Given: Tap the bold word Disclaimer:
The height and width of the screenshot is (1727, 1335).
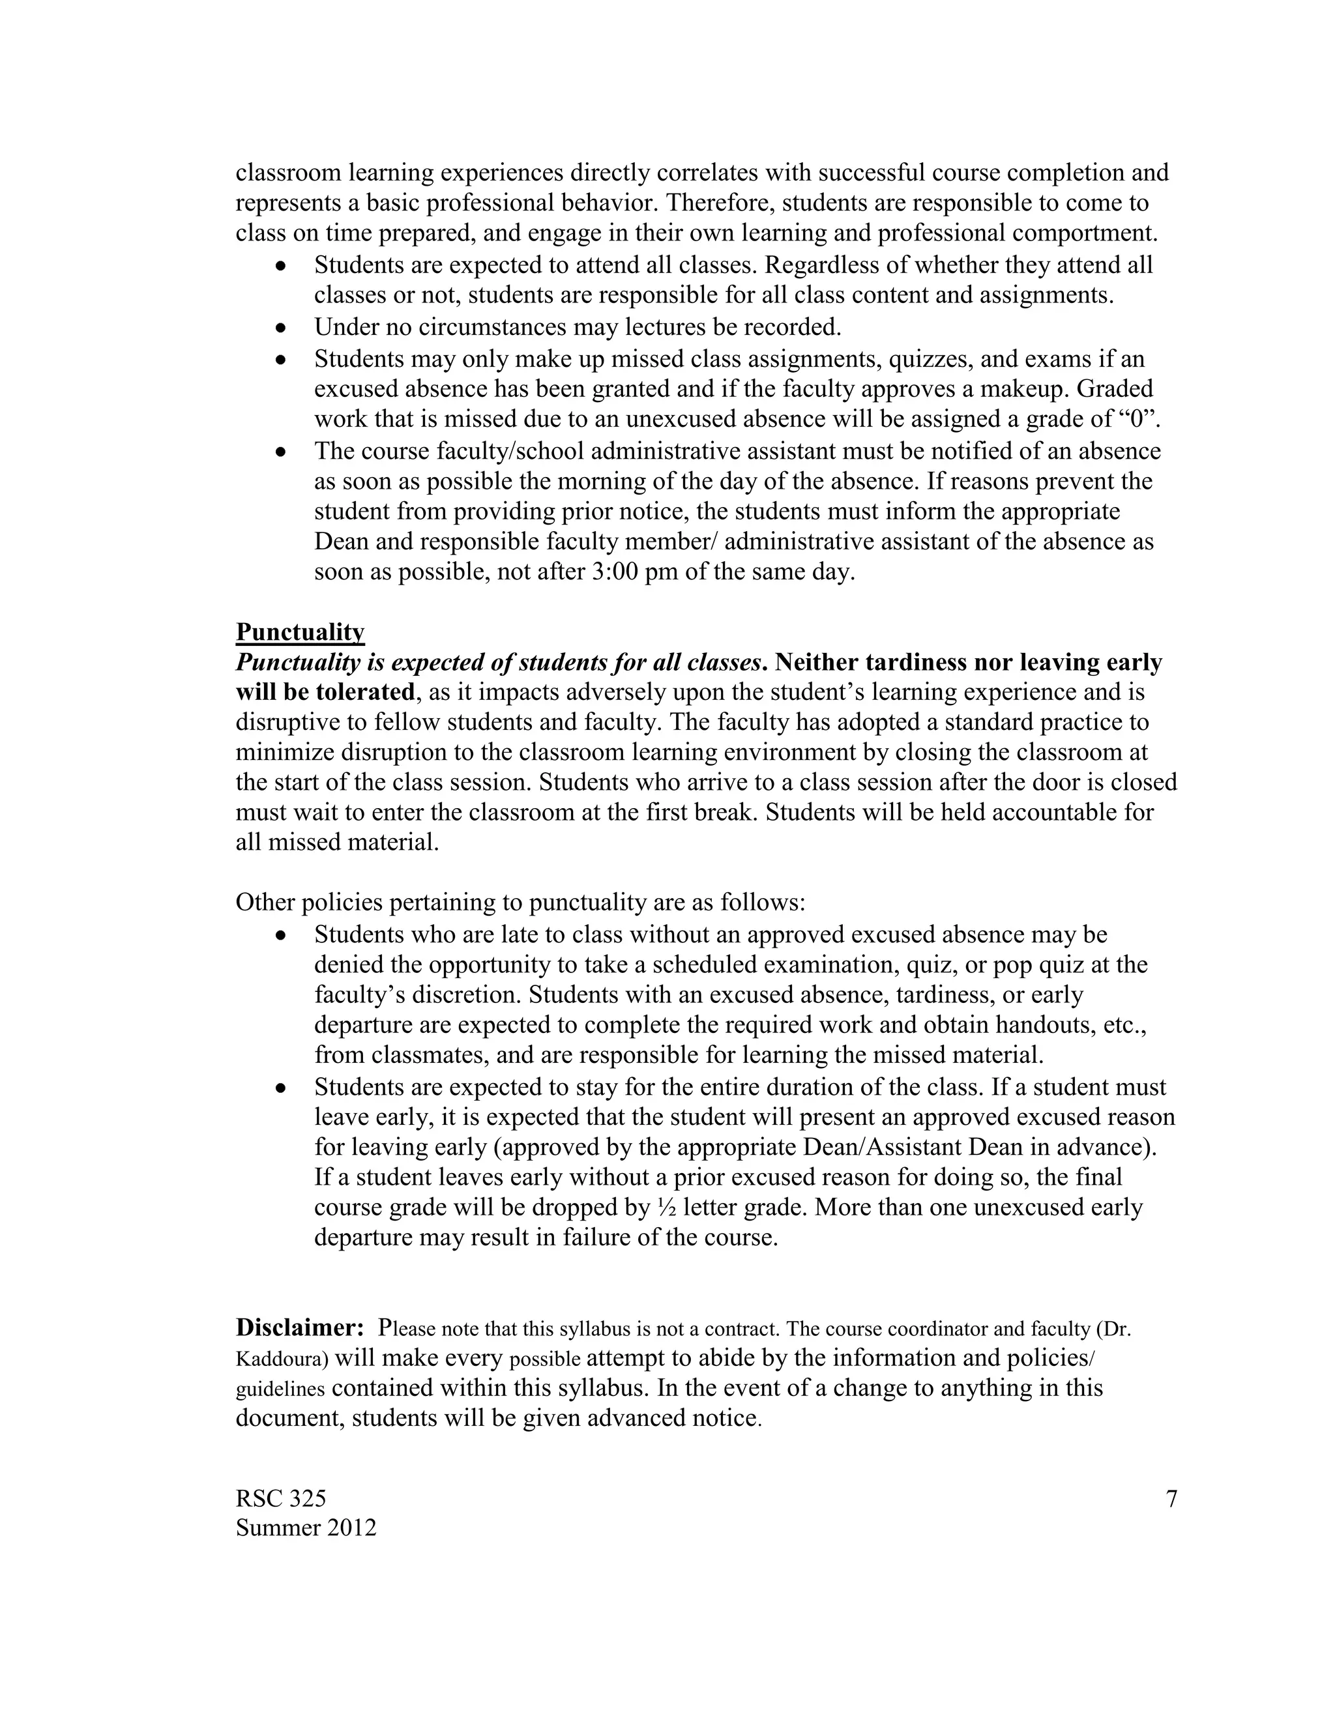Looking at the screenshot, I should tap(300, 1326).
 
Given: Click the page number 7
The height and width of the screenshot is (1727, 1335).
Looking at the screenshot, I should tap(1171, 1498).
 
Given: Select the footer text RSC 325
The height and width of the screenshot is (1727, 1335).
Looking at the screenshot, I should tap(281, 1498).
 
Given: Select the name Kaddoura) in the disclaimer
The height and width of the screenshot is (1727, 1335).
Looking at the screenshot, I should tap(282, 1359).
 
